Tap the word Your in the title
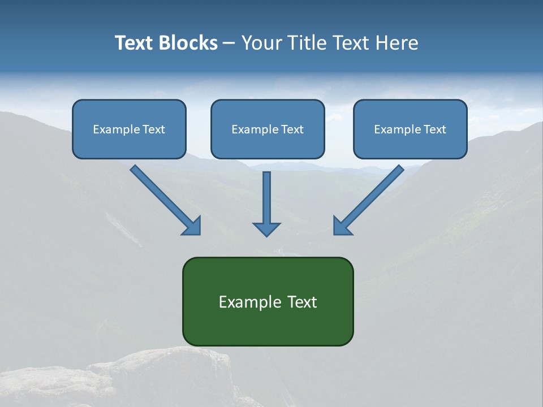(260, 43)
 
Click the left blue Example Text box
(129, 129)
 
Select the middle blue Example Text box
(268, 129)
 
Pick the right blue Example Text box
(410, 129)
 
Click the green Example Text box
(268, 301)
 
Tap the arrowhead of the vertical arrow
(266, 228)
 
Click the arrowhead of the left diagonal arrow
(192, 226)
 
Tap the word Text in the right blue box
(436, 129)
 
